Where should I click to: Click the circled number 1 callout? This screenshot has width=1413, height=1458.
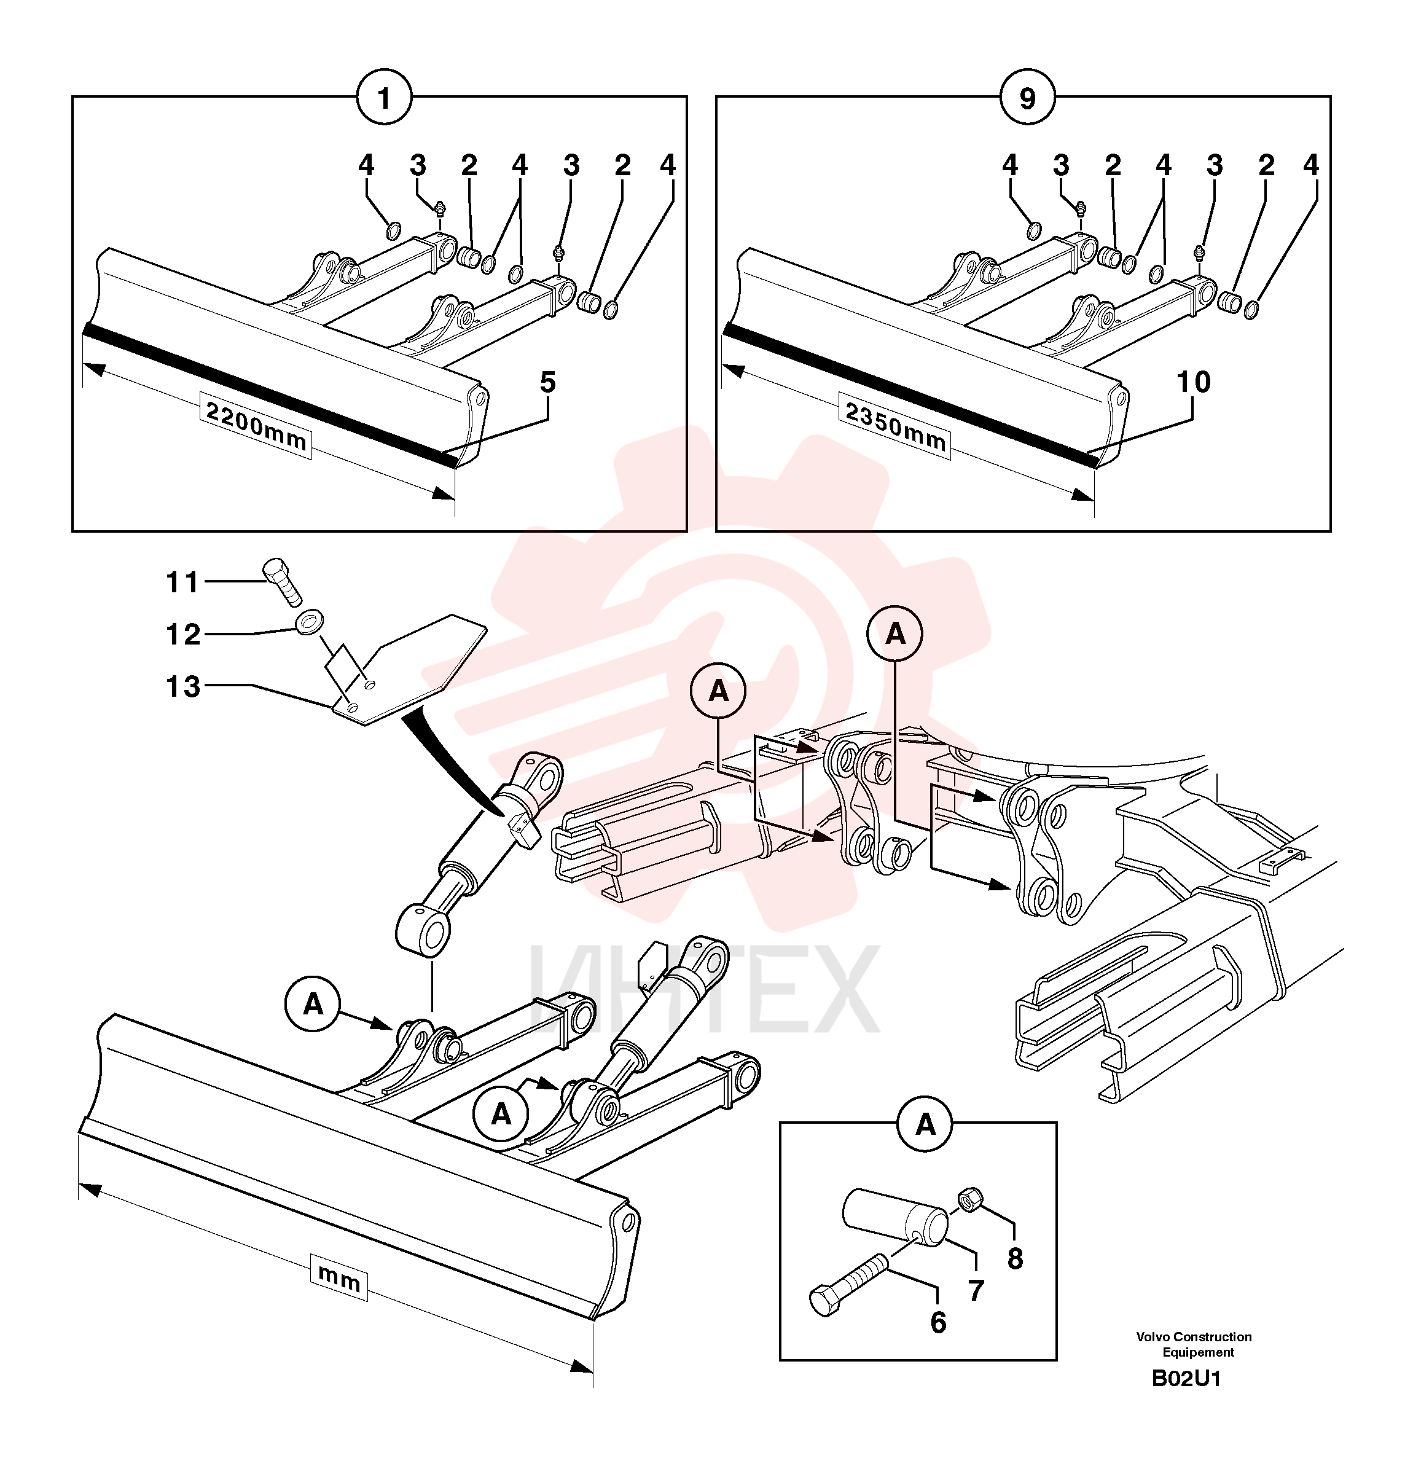click(x=384, y=98)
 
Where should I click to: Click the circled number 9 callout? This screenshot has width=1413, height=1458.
click(x=1027, y=98)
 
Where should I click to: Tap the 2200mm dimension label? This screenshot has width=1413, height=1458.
click(x=255, y=426)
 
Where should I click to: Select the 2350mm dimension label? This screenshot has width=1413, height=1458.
click(x=894, y=426)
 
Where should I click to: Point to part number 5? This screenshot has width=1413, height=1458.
click(x=547, y=382)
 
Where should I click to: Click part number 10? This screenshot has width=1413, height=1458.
click(x=1193, y=382)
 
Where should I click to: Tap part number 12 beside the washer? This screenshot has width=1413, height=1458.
click(x=183, y=635)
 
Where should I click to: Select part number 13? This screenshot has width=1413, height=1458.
click(x=183, y=686)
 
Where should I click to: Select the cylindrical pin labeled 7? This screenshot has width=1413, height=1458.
click(x=894, y=1217)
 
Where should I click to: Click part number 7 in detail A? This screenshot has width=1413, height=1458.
click(x=976, y=1290)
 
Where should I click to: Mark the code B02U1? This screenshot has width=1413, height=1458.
click(x=1186, y=1378)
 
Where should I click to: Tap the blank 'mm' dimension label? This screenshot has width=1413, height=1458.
click(x=339, y=1278)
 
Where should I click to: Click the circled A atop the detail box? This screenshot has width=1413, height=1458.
click(x=925, y=1124)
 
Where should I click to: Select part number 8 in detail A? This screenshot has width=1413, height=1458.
click(x=1015, y=1259)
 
